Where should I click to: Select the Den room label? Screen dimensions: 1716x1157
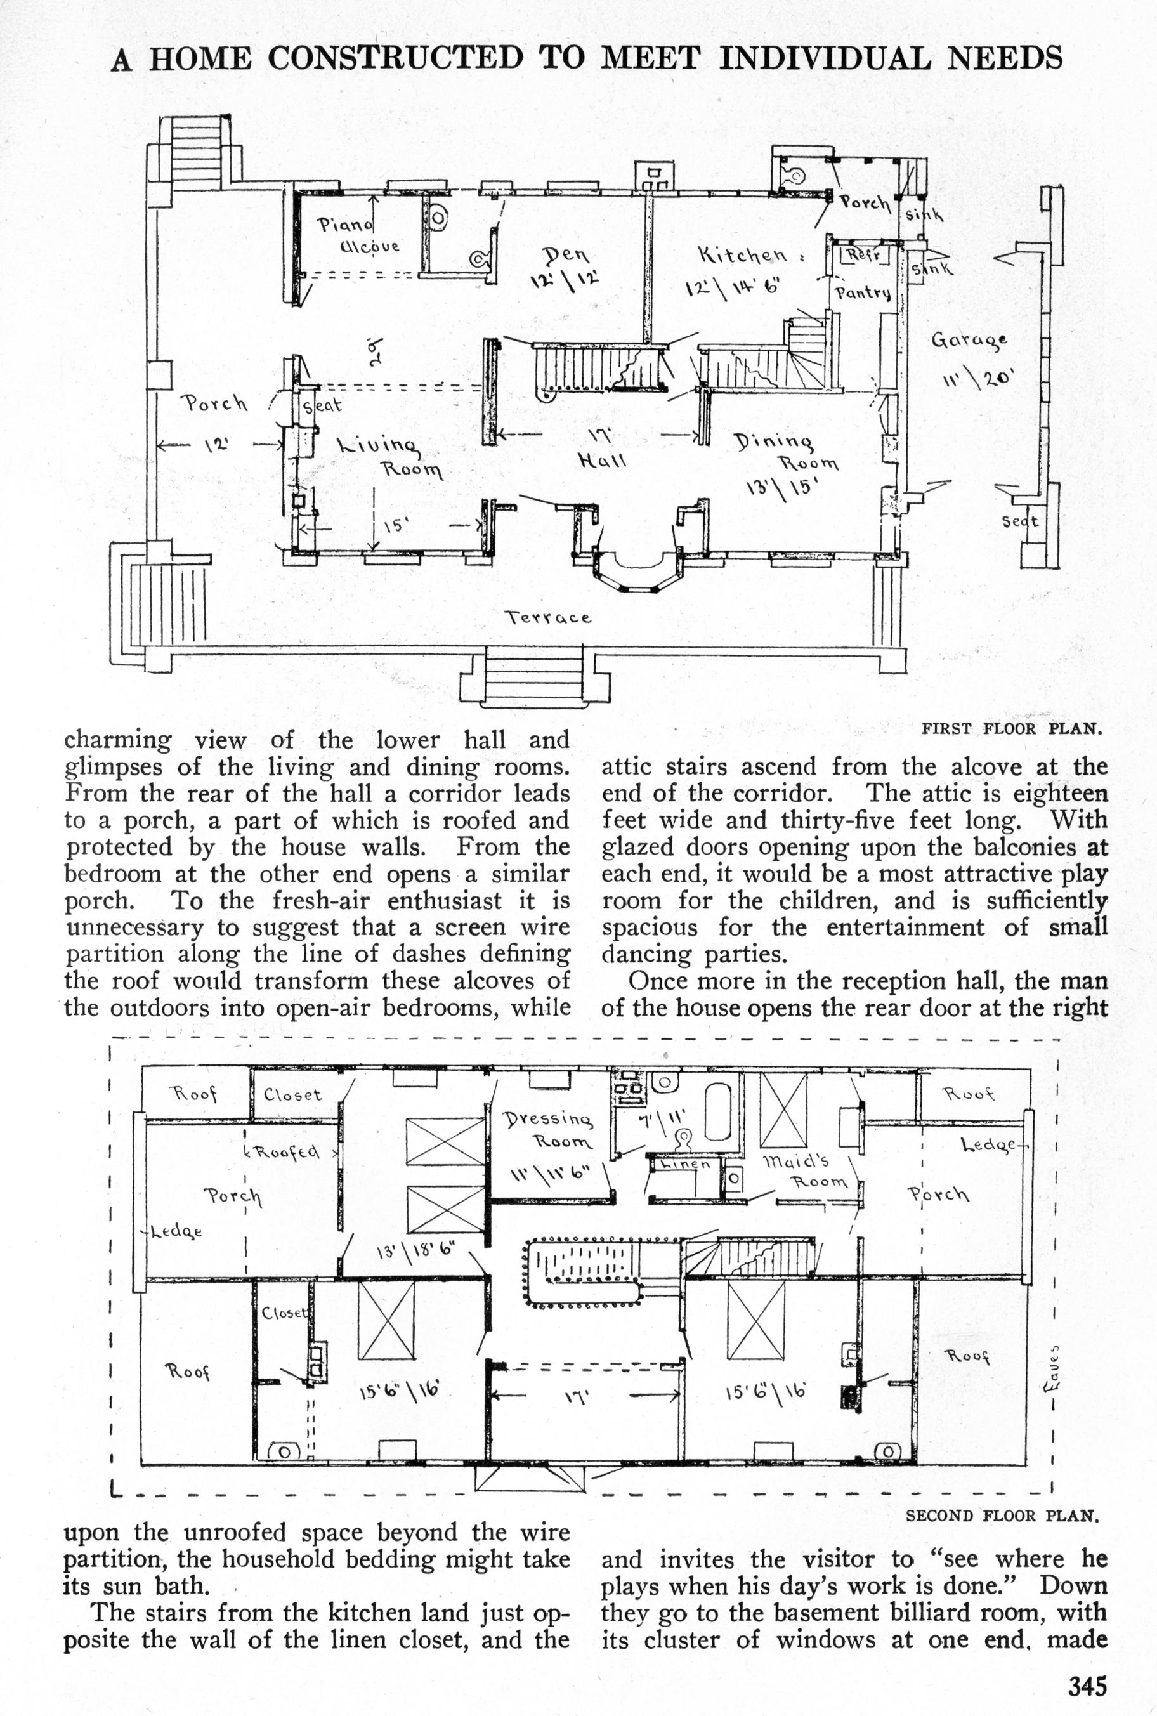(566, 256)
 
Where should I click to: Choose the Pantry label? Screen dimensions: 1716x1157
(863, 293)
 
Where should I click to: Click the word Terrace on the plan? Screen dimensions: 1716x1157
(547, 617)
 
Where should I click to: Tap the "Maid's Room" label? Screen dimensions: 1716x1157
(806, 1172)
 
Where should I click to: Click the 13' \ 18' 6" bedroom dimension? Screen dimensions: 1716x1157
(416, 1250)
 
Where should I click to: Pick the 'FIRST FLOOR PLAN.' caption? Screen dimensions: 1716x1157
(1012, 729)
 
